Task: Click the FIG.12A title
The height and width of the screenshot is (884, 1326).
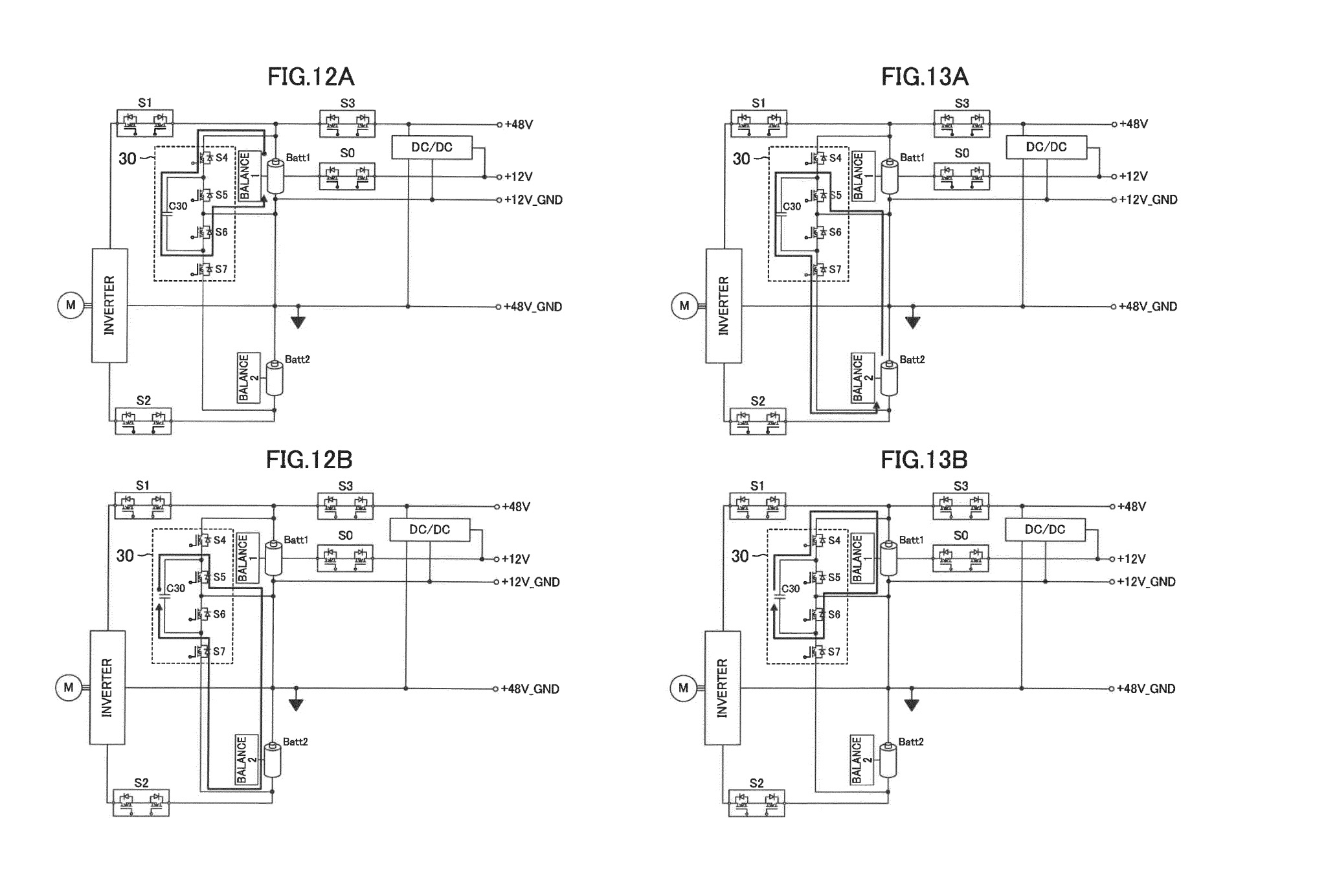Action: [311, 77]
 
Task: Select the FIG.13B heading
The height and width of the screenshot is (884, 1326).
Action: [924, 459]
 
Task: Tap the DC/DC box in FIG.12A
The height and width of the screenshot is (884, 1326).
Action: [432, 148]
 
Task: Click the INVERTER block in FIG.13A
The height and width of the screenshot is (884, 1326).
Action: [724, 305]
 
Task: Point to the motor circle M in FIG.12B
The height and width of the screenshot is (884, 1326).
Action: [69, 688]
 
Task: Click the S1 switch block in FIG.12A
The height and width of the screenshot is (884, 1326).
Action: [145, 122]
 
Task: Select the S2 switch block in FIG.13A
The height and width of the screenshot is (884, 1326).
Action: [758, 421]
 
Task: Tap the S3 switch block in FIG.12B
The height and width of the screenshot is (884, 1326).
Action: [345, 506]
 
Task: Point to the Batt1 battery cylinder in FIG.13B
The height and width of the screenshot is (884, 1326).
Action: [888, 558]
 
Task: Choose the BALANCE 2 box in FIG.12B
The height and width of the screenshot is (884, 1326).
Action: [247, 760]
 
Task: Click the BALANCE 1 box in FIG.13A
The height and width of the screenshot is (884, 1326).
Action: [864, 176]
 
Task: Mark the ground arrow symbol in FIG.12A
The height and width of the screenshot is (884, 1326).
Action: [298, 321]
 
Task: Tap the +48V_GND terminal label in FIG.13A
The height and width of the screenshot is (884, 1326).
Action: [1147, 307]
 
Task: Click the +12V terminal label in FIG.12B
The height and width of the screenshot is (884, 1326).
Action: [516, 559]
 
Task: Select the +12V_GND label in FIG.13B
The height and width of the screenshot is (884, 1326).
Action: [1146, 582]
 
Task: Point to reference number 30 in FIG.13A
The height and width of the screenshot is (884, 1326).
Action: [741, 159]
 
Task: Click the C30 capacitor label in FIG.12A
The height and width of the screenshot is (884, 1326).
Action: [177, 206]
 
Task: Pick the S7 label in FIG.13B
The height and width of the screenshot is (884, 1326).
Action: [834, 652]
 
